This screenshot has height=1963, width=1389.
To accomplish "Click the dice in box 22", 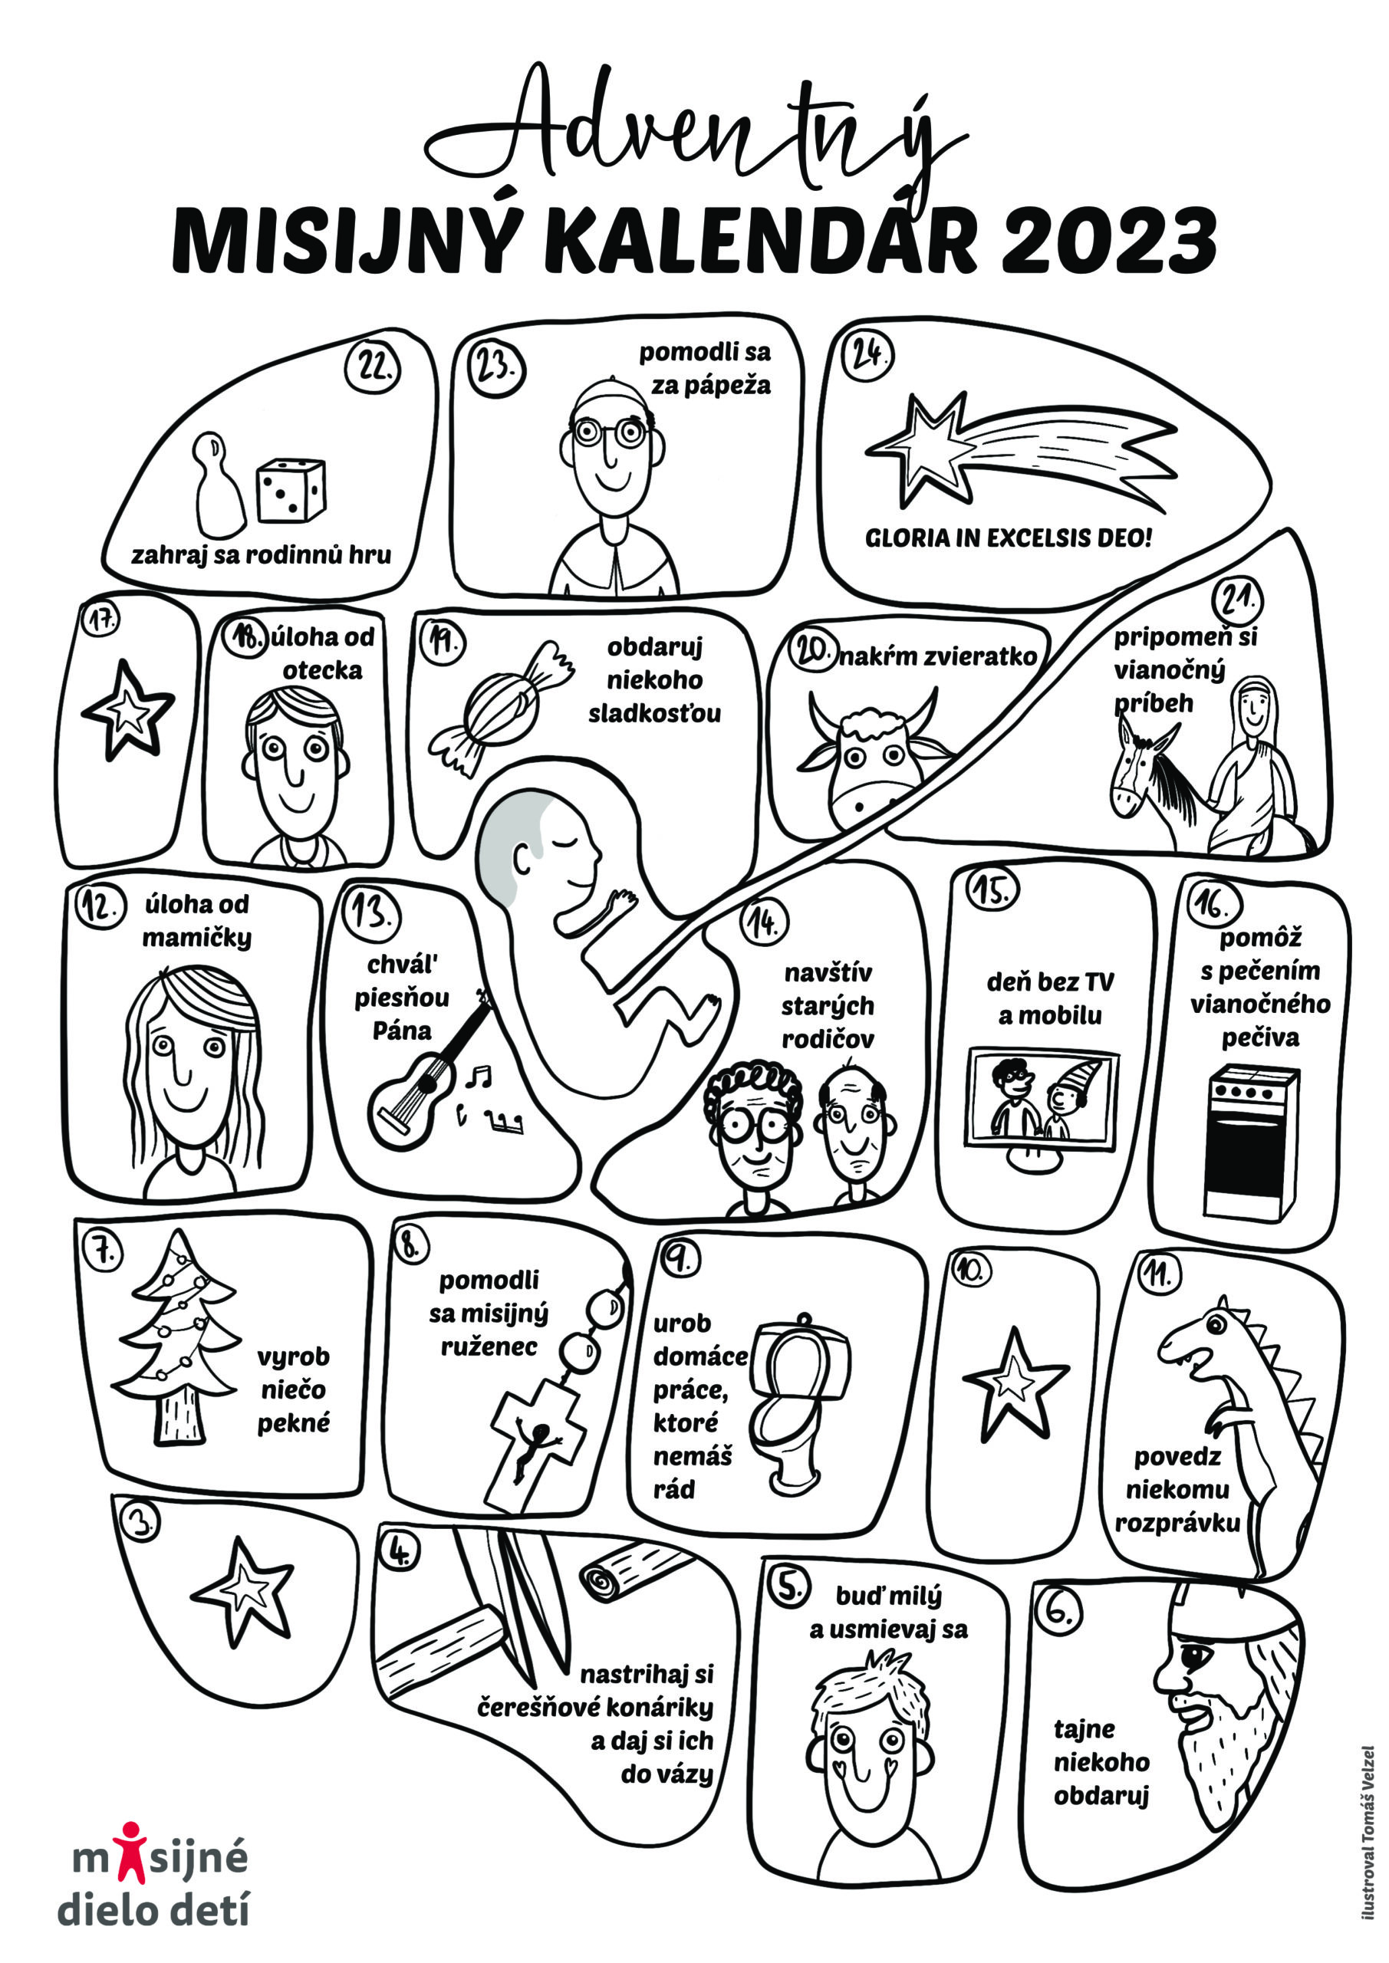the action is [x=291, y=490].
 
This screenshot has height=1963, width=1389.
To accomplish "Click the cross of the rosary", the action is [x=537, y=1443].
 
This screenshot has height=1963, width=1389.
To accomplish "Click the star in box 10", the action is [x=1015, y=1386].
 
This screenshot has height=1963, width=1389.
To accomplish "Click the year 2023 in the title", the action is [x=1109, y=240].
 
